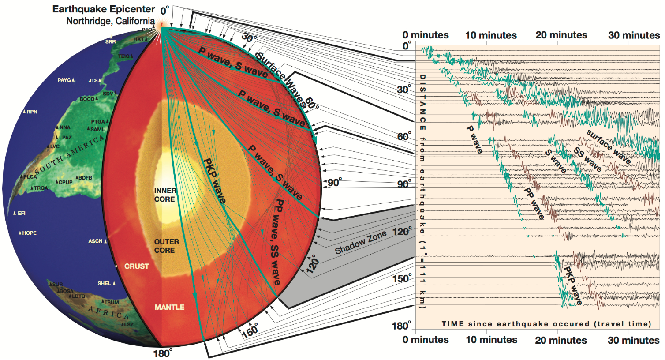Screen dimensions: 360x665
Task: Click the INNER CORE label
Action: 165,195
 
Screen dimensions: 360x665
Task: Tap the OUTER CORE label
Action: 166,246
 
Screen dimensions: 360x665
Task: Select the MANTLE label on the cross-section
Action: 169,307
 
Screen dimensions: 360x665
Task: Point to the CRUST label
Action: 136,266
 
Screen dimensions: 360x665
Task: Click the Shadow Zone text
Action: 360,243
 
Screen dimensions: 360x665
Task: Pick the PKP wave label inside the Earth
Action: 214,181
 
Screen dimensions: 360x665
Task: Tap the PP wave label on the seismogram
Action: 534,203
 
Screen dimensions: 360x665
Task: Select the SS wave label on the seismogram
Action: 587,159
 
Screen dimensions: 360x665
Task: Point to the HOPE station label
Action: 29,233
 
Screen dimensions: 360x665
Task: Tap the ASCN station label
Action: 95,241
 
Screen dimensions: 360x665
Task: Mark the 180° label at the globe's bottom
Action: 162,353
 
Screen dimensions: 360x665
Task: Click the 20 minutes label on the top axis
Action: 561,35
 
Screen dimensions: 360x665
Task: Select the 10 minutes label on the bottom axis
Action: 491,340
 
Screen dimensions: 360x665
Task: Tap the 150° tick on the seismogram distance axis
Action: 402,279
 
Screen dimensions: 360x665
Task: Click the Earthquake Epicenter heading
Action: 104,9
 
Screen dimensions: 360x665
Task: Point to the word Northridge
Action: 83,21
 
